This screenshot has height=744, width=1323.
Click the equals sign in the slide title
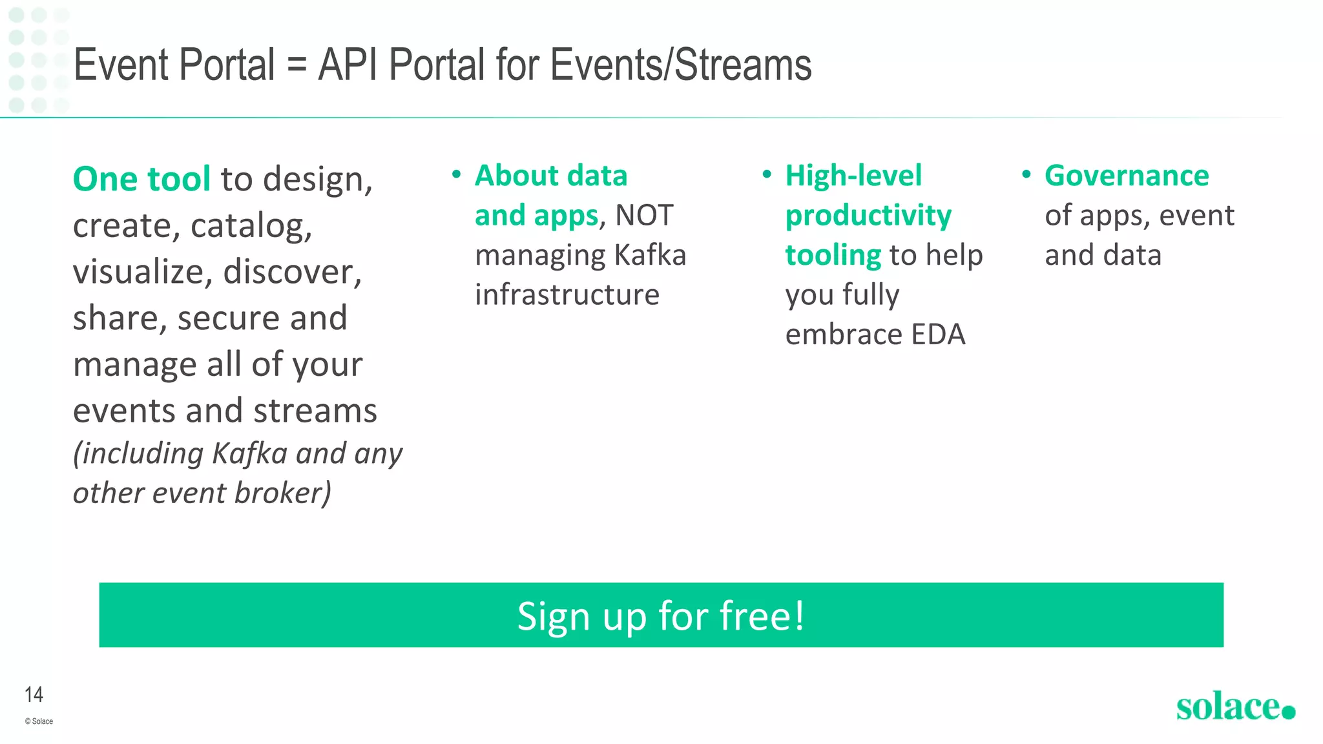(x=297, y=65)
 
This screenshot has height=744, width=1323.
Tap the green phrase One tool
(x=141, y=179)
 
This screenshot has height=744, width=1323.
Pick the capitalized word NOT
(x=644, y=215)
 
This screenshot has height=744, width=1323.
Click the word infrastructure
(x=567, y=294)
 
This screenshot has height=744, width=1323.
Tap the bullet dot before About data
(x=456, y=174)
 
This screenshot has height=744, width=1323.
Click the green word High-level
(x=853, y=176)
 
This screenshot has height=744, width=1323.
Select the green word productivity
(x=868, y=216)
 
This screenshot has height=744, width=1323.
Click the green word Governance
(x=1127, y=176)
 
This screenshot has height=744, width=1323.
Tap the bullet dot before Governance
(x=1026, y=174)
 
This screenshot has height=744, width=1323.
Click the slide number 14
(x=34, y=694)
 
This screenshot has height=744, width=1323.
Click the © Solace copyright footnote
(x=39, y=721)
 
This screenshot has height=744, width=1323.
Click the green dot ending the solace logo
(x=1288, y=712)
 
